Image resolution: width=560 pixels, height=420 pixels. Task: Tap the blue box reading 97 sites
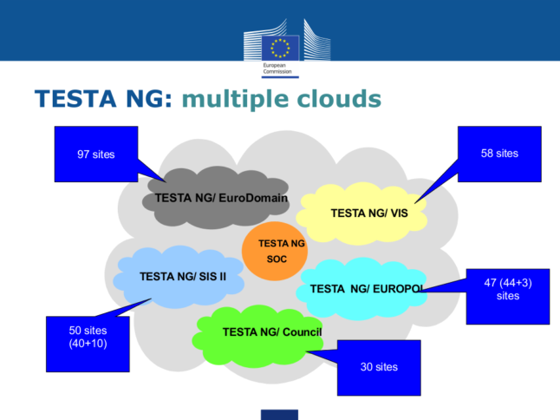95,154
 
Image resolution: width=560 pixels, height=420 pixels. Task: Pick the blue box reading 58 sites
499,153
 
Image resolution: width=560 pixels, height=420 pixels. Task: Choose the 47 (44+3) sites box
507,290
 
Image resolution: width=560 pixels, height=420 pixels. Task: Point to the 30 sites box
379,367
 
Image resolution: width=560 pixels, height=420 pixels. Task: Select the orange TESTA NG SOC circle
275,251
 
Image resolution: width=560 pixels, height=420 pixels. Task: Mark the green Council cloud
260,333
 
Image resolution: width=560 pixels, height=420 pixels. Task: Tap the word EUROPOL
400,289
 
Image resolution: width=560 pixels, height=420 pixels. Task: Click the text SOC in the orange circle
277,259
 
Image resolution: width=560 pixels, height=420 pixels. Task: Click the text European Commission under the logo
279,69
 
